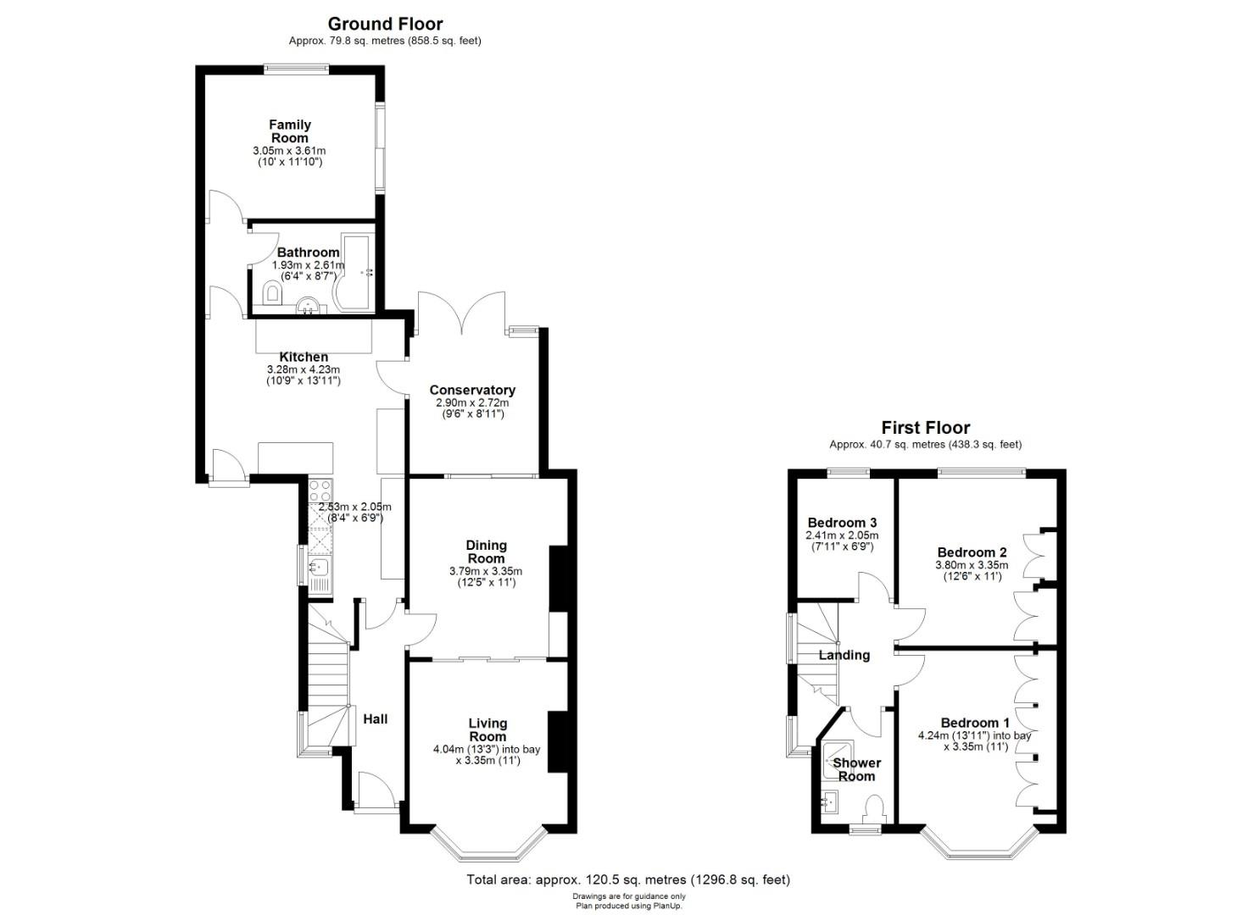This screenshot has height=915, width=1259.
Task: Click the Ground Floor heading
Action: (x=385, y=25)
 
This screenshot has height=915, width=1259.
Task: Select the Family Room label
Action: (x=289, y=131)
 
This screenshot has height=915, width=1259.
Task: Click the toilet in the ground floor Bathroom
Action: (x=272, y=292)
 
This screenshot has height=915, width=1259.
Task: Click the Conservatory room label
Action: (x=472, y=390)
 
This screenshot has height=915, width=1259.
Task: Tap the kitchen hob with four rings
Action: (x=320, y=491)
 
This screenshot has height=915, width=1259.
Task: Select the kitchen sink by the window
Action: (x=318, y=568)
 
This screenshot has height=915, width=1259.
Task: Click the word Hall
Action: (x=375, y=719)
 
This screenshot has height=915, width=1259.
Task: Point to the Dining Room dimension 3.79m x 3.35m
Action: (x=486, y=571)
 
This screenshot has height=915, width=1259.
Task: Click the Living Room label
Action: (x=487, y=729)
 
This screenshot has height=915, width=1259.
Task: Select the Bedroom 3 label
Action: (x=842, y=523)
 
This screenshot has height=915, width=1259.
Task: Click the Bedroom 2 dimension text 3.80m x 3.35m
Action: (x=972, y=565)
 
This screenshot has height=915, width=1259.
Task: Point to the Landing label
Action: (x=844, y=655)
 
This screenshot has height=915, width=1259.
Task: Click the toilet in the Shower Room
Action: (x=874, y=809)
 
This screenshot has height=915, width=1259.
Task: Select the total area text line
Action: (x=628, y=879)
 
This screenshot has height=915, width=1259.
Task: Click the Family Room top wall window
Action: (x=297, y=69)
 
